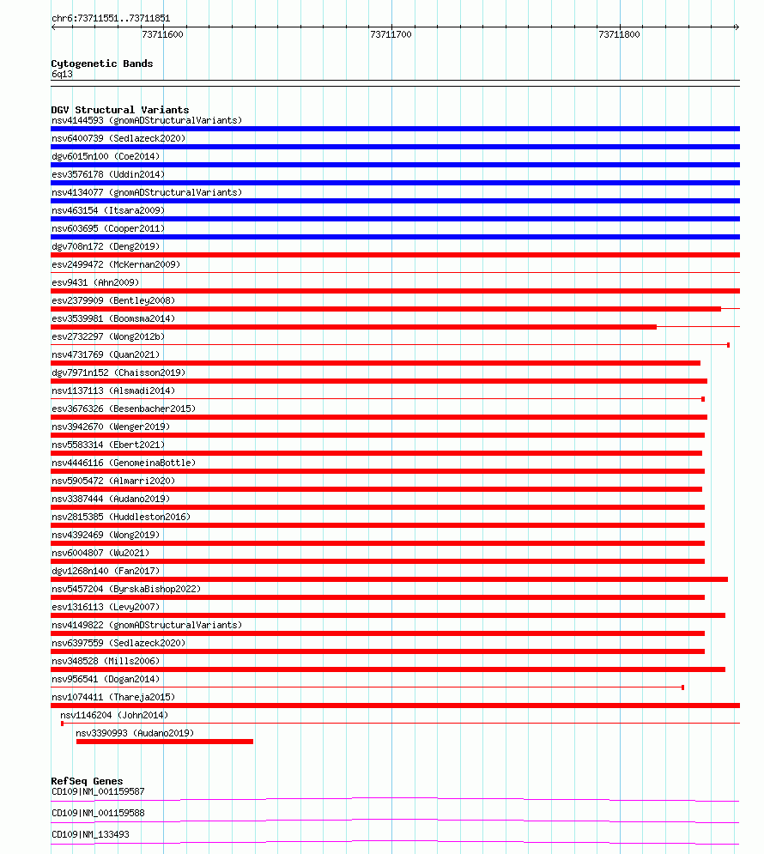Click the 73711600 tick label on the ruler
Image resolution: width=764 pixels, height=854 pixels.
click(x=162, y=35)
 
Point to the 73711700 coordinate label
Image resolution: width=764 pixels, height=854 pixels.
click(x=391, y=35)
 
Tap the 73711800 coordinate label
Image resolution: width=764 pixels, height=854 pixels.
click(x=619, y=35)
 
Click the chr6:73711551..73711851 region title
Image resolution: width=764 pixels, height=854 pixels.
click(x=111, y=18)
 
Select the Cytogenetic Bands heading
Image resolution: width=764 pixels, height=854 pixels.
click(x=102, y=64)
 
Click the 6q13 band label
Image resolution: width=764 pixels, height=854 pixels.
click(x=62, y=74)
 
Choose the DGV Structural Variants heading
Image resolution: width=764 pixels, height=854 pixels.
click(x=120, y=110)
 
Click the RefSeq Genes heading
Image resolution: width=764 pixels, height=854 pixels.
click(x=87, y=781)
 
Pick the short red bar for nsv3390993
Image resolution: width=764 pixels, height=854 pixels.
click(x=165, y=742)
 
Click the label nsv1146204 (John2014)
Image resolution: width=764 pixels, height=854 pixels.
click(x=114, y=715)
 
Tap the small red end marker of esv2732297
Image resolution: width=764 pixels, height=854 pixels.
click(x=728, y=345)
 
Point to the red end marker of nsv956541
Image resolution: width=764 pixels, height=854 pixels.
click(x=682, y=687)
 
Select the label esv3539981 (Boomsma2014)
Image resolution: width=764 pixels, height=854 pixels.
click(x=112, y=318)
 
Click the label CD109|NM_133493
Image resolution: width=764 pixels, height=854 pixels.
click(x=92, y=834)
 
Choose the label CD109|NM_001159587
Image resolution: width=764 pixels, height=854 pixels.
click(x=98, y=791)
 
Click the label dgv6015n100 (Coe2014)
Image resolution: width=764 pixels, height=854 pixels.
click(x=106, y=156)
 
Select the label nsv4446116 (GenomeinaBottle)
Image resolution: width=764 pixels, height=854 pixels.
click(x=124, y=463)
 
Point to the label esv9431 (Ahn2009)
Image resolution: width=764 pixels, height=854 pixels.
click(x=95, y=282)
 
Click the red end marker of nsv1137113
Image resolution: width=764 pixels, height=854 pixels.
click(x=703, y=399)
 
